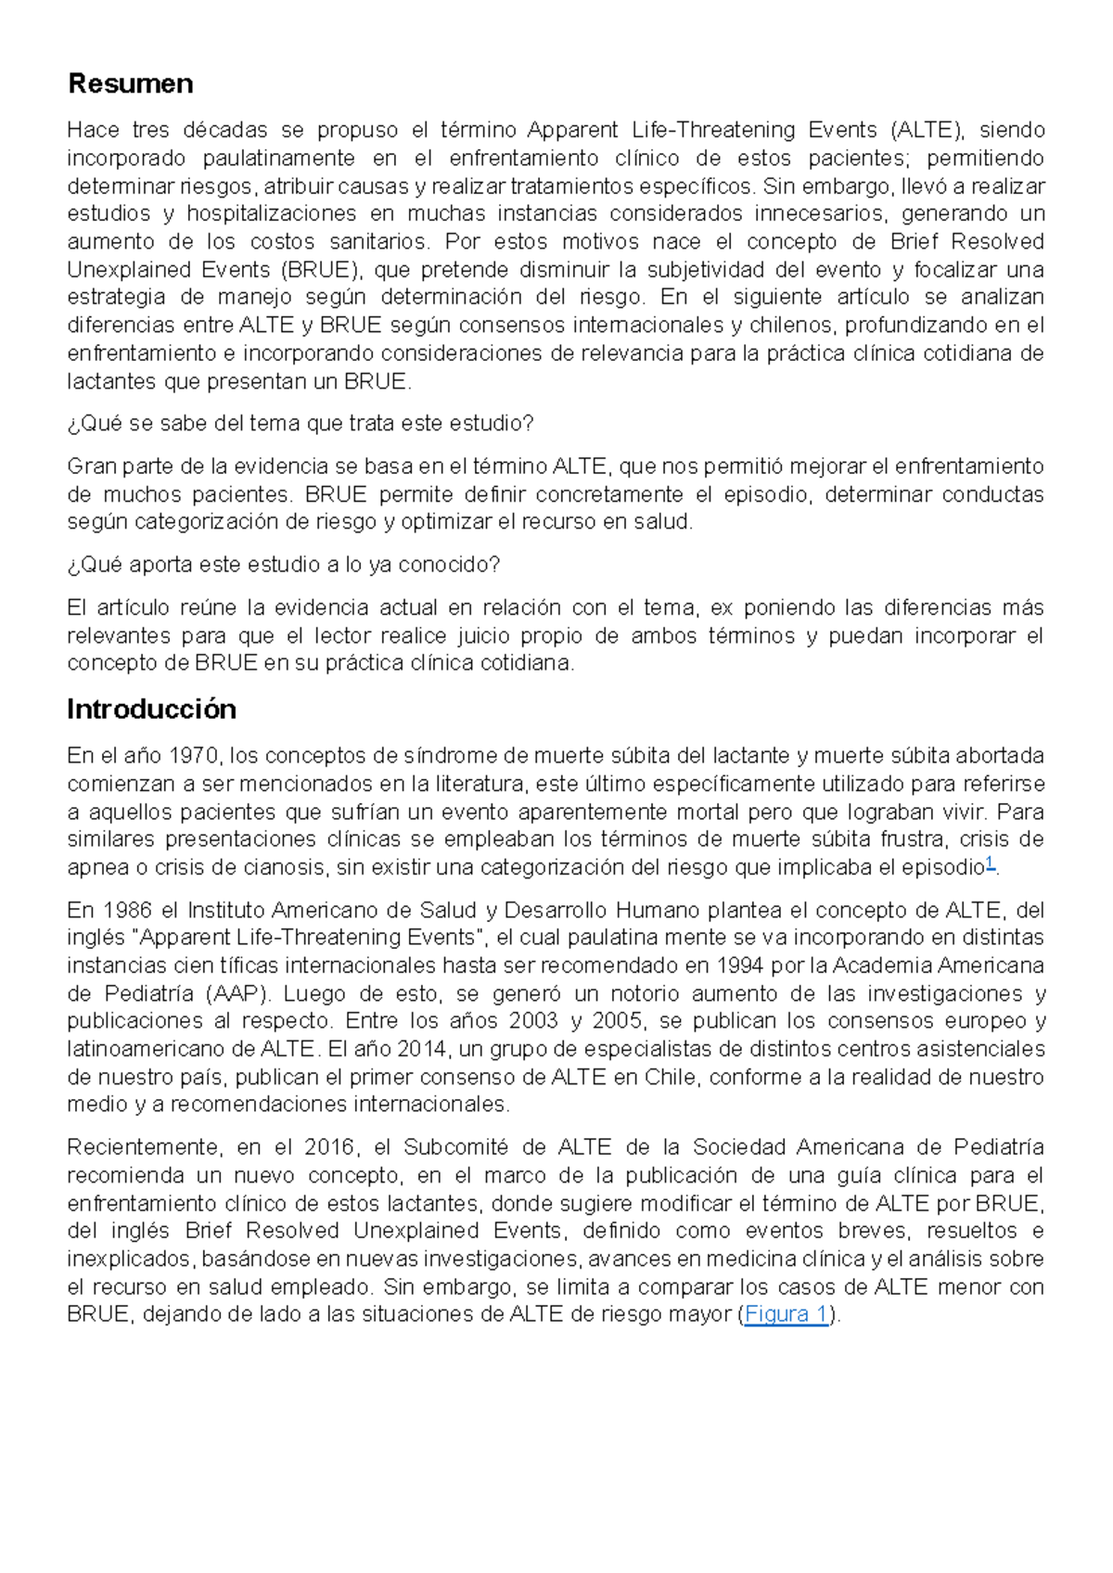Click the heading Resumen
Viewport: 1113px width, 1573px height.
[130, 83]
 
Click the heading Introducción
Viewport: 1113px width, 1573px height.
[151, 709]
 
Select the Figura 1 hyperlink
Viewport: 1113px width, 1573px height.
[786, 1314]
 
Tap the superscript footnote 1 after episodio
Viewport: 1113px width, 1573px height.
[990, 863]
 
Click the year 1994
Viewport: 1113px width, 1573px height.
[738, 966]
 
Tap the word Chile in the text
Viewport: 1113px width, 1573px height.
[670, 1077]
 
